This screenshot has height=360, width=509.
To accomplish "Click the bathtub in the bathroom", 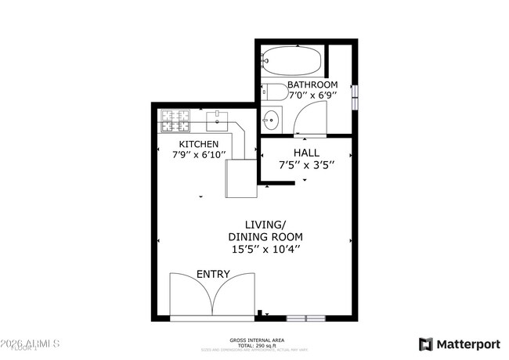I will pos(291,59).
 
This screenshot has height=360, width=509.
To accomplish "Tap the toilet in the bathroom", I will pos(274,91).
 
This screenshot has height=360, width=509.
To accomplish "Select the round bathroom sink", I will pos(271,121).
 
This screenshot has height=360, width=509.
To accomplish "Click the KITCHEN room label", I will pos(199,144).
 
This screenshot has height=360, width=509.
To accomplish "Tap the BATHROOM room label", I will pos(312,85).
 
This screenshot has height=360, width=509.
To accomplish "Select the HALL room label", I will pos(307,152).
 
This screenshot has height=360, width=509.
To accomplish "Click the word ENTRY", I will pos(213,274).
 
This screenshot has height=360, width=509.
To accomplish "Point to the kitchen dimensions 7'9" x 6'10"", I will pos(199,155).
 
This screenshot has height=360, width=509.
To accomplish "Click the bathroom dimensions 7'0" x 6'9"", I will pos(312,95).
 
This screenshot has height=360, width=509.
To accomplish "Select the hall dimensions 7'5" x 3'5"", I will pos(307,165).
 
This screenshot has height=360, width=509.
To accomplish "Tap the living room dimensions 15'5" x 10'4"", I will pos(265,249).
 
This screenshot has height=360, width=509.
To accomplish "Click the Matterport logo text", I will pos(467,344).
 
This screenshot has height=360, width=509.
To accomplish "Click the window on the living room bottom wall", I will pos(305,318).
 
